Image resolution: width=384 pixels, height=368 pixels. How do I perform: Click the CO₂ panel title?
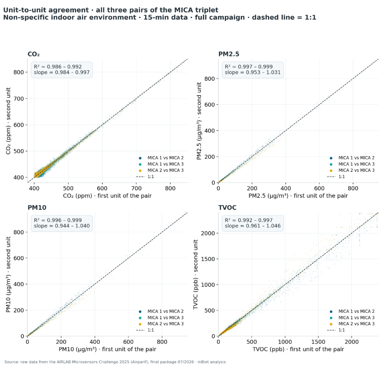[33, 54]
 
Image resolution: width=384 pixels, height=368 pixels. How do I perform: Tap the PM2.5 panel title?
[229, 54]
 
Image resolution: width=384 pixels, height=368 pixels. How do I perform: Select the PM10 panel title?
[37, 207]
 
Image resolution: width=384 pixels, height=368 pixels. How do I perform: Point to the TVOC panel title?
[227, 207]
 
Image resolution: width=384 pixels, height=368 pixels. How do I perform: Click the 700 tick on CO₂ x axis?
[136, 189]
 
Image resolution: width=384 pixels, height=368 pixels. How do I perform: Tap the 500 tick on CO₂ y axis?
[19, 151]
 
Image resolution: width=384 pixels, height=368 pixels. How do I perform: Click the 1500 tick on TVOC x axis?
[318, 342]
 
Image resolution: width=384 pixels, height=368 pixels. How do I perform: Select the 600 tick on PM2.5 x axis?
[319, 189]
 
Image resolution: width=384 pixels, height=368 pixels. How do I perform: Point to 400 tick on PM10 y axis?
[19, 284]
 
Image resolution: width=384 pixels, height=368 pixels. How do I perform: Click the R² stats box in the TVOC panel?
[252, 223]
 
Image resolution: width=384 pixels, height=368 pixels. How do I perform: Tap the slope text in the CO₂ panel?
[62, 72]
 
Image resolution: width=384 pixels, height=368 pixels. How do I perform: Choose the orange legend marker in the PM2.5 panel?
[331, 171]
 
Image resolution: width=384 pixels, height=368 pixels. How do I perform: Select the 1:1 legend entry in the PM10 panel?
[145, 330]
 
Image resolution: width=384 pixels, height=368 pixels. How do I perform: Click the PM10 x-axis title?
[107, 349]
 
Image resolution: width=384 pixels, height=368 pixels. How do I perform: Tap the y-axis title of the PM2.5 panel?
[199, 121]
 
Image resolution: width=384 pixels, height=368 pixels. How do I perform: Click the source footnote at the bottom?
[115, 362]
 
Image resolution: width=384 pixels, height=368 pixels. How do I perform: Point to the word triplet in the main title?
[207, 10]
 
